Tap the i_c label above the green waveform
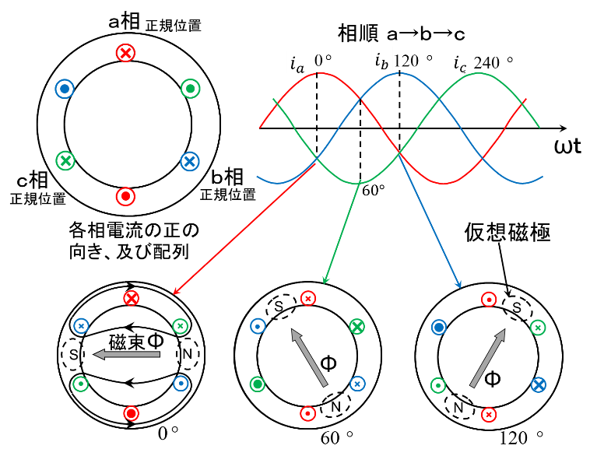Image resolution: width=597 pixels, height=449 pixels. (x=460, y=63)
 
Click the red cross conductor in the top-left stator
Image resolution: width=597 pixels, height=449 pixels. (x=125, y=52)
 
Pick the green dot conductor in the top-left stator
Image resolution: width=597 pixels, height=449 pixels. (x=190, y=89)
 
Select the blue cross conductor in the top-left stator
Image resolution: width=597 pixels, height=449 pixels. (x=189, y=161)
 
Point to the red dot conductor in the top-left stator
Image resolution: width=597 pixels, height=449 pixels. (x=125, y=196)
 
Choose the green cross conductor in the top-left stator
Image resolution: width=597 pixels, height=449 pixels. (x=65, y=161)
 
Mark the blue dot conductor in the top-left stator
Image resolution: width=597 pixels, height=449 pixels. (x=65, y=89)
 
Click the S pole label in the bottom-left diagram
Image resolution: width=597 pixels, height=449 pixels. (x=74, y=355)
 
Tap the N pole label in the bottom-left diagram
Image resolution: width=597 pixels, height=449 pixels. (x=188, y=354)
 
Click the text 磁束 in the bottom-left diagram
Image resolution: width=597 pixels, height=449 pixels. (x=126, y=342)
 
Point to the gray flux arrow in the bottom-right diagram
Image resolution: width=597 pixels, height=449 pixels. (x=487, y=358)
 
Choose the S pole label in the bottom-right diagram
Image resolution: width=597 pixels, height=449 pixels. (x=516, y=309)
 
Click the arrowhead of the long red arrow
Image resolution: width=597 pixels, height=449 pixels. (x=174, y=293)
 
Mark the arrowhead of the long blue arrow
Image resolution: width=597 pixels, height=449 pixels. (x=459, y=284)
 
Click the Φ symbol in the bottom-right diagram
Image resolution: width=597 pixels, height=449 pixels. (x=492, y=379)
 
